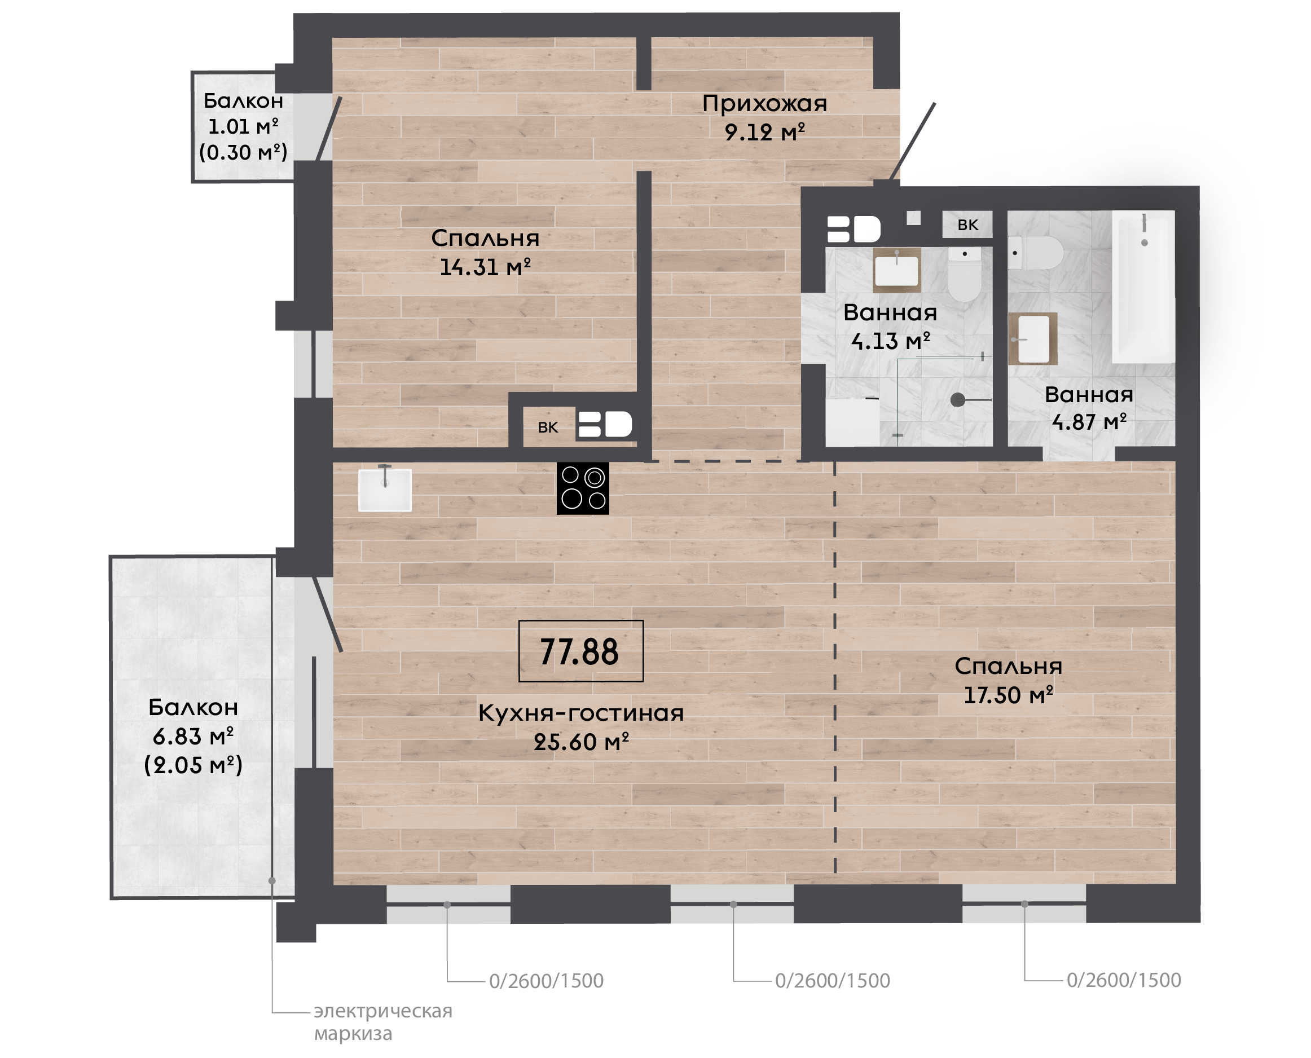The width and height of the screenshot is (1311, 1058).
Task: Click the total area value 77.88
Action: coord(579,651)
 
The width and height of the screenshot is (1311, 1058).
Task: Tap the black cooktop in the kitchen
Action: coord(583,489)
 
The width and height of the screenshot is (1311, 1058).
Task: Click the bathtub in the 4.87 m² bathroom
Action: coord(1143,287)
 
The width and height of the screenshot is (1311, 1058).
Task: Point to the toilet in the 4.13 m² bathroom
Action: coord(964,274)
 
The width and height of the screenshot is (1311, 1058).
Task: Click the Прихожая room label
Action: coord(764,104)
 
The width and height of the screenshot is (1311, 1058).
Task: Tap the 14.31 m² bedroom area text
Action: coord(485,267)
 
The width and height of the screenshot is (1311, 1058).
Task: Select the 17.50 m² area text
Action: coord(1008,695)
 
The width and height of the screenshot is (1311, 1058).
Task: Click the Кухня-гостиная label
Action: coord(581,713)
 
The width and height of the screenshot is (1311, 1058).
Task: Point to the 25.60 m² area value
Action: coord(581,742)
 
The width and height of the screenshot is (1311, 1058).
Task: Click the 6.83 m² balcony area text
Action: coord(192,736)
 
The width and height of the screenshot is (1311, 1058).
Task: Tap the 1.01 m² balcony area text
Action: coord(243,126)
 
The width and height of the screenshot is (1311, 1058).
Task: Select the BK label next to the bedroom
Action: coord(548,427)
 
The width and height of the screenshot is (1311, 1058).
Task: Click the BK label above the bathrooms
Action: coord(967,225)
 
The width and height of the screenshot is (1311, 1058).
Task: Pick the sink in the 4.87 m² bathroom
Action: coord(1032,339)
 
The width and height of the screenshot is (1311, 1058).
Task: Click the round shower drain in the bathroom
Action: coord(957,400)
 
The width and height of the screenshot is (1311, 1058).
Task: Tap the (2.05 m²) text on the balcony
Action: coord(193,765)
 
